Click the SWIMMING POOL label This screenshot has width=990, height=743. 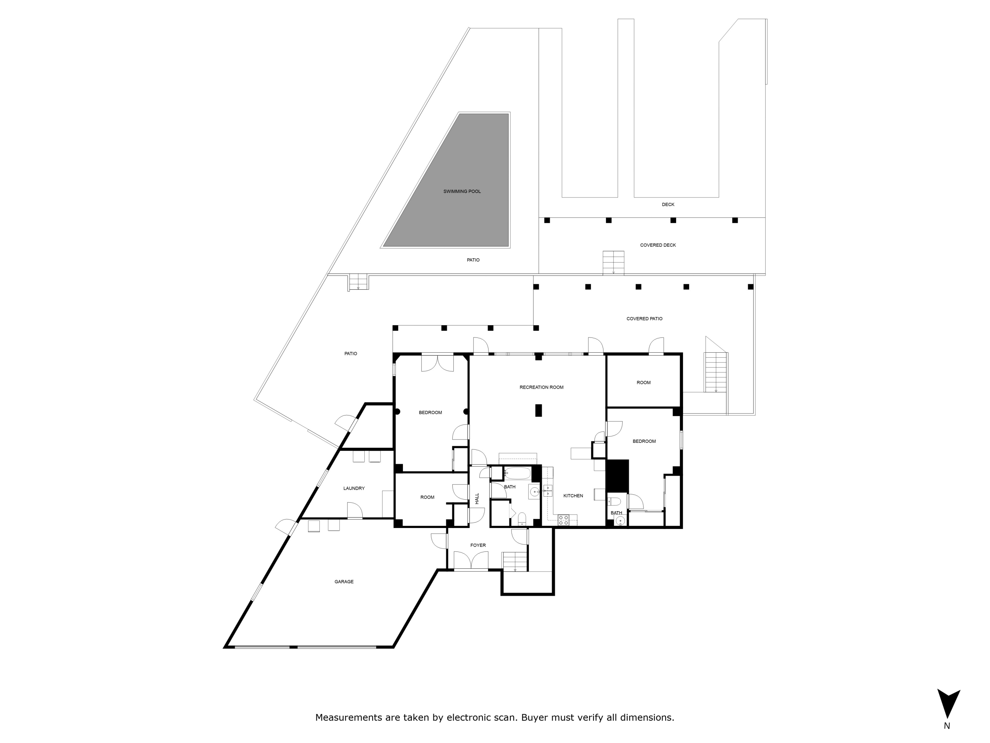click(462, 192)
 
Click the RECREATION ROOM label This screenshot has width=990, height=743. click(542, 387)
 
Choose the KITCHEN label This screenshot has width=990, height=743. click(573, 496)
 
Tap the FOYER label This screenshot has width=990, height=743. click(478, 546)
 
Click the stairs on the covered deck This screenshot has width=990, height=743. click(613, 263)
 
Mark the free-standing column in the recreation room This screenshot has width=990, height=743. click(539, 410)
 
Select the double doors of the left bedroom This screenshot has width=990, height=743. click(438, 363)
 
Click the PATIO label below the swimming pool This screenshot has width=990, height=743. click(473, 260)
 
